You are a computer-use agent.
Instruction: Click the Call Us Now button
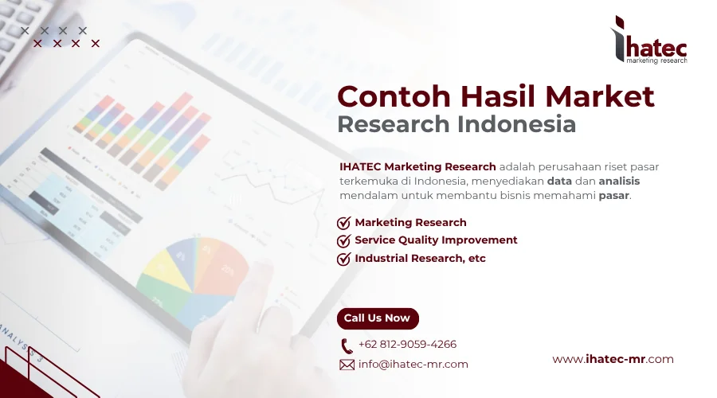pyautogui.click(x=377, y=318)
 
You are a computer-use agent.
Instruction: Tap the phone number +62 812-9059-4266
pyautogui.click(x=407, y=345)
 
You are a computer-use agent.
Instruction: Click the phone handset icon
pyautogui.click(x=347, y=345)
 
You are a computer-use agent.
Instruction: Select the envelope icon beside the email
pyautogui.click(x=347, y=365)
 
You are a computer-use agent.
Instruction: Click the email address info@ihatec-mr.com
pyautogui.click(x=413, y=365)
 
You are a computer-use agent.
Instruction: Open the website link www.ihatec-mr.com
pyautogui.click(x=613, y=359)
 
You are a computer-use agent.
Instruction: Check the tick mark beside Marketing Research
pyautogui.click(x=344, y=223)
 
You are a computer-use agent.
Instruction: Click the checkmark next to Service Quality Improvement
pyautogui.click(x=344, y=240)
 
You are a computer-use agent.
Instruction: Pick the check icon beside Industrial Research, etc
pyautogui.click(x=344, y=259)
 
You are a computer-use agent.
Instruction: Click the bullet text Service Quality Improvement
pyautogui.click(x=436, y=240)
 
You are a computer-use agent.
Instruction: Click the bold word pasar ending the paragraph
pyautogui.click(x=613, y=195)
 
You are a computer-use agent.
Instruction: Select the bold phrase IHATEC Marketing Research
pyautogui.click(x=417, y=166)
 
